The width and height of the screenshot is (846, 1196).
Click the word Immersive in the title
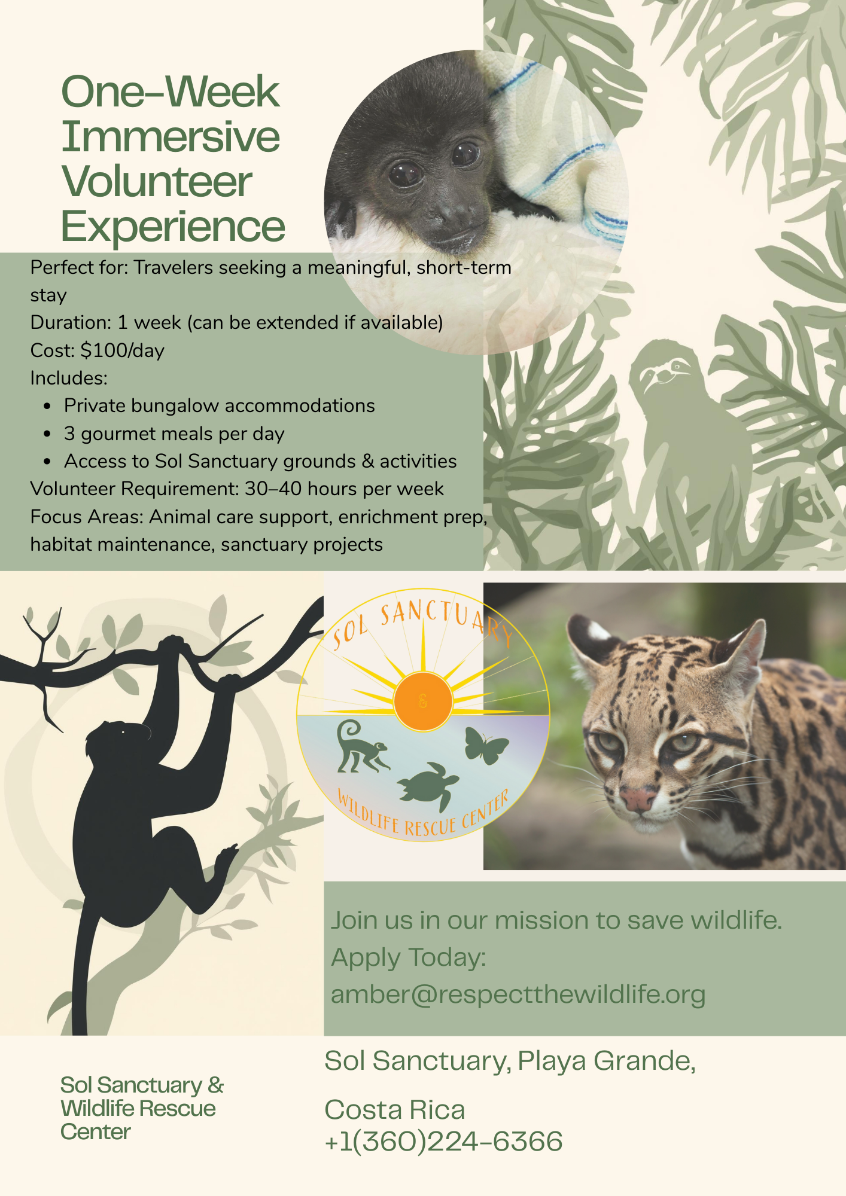click(x=171, y=137)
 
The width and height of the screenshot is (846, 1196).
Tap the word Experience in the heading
click(x=173, y=227)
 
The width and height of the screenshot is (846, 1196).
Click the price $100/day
click(x=122, y=350)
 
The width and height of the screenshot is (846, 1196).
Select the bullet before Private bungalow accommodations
click(x=47, y=406)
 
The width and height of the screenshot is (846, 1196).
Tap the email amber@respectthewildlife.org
click(x=518, y=994)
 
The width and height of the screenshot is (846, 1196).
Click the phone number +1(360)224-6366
click(x=443, y=1141)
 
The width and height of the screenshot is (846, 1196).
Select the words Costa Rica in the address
click(x=395, y=1110)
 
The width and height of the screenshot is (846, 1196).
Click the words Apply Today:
click(x=409, y=957)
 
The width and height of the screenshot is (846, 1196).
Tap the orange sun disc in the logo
click(x=423, y=701)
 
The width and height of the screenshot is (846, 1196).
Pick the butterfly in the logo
click(x=485, y=745)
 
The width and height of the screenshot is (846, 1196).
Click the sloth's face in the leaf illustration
click(x=664, y=373)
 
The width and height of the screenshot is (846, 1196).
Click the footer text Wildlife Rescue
click(x=138, y=1109)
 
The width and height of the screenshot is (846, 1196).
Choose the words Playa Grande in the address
click(x=606, y=1061)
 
